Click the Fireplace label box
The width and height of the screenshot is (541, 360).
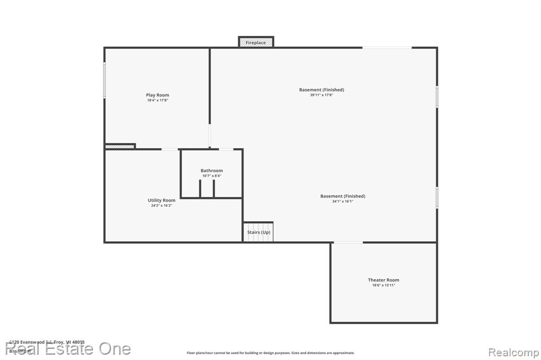[x=256, y=42]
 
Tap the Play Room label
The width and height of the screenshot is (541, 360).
[x=157, y=95]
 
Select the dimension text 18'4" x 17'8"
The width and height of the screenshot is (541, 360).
[x=157, y=100]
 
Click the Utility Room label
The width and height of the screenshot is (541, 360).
[x=161, y=200]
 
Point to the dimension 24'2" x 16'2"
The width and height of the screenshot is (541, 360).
[x=161, y=205]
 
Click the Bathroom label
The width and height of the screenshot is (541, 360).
[x=211, y=170]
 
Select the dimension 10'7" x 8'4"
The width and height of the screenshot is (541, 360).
[x=211, y=176]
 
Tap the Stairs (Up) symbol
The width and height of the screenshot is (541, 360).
[x=258, y=232]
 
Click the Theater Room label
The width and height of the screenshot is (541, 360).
[x=384, y=280]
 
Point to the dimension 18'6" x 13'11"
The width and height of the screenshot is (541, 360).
[x=384, y=285]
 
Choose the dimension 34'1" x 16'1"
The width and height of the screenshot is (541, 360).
[x=342, y=201]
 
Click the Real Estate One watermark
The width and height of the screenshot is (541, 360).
[x=68, y=349]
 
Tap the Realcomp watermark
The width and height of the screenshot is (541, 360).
[x=512, y=352]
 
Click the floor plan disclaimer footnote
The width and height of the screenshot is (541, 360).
[x=270, y=353]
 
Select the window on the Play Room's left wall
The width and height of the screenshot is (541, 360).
[x=105, y=80]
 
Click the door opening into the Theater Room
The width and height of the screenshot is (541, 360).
[x=348, y=242]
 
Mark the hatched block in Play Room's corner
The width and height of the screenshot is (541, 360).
[x=120, y=146]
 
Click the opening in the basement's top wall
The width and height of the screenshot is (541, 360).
[x=387, y=48]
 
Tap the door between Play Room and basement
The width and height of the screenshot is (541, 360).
[x=210, y=136]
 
